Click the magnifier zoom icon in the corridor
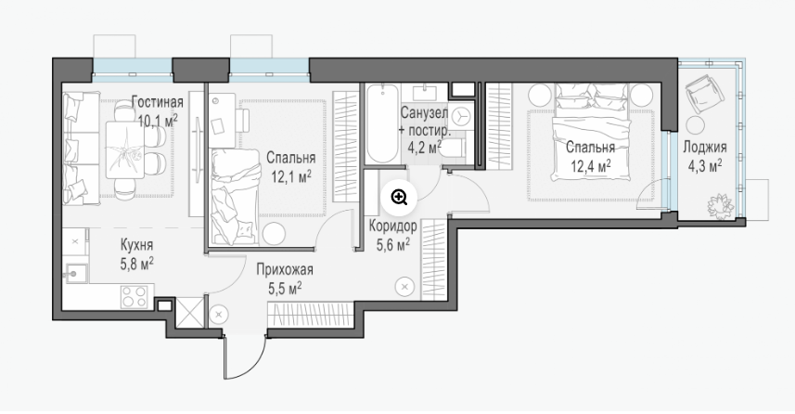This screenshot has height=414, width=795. coord(400,197)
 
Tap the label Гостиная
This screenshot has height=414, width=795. coord(157,102)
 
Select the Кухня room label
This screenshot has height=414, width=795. coord(136,246)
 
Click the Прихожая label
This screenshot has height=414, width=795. coord(285,269)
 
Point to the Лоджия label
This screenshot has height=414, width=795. coord(705,148)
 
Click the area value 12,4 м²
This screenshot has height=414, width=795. coord(590,166)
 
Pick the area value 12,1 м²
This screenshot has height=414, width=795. coord(291,176)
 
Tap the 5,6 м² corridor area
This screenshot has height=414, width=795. coord(393,245)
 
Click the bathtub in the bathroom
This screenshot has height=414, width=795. coord(382,123)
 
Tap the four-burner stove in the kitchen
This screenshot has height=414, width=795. coord(135,296)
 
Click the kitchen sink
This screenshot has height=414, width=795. coord(74,274)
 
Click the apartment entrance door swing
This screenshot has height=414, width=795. coord(245,357)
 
